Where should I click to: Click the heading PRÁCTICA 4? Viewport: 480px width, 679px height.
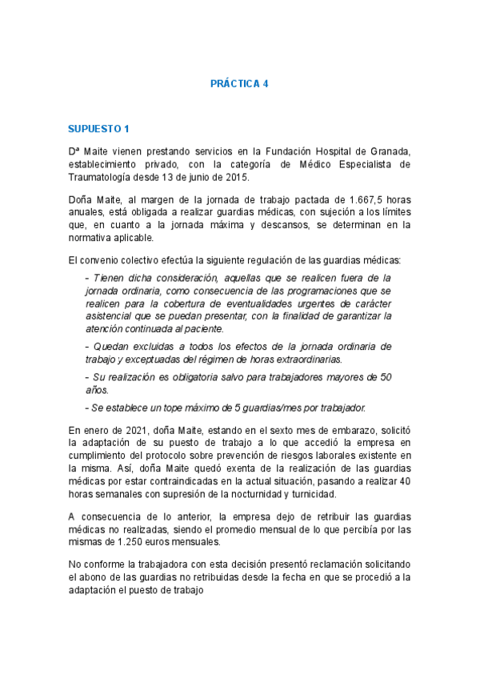click(x=239, y=83)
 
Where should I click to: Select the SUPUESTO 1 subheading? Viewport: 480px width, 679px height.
click(x=98, y=128)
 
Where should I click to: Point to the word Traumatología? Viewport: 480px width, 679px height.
click(x=102, y=177)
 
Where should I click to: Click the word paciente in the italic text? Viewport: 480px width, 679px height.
click(x=202, y=329)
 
